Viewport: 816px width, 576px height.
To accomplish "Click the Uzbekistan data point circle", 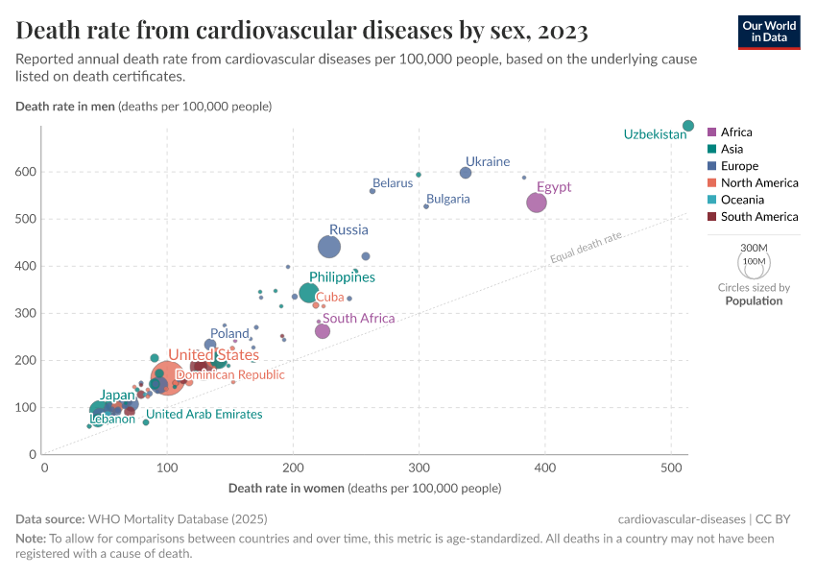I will (687, 126).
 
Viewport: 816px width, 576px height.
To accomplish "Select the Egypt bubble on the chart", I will (536, 203).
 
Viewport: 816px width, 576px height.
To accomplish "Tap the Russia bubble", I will (329, 247).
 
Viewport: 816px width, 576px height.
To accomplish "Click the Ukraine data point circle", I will (466, 173).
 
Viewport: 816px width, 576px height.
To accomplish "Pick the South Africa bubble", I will (323, 331).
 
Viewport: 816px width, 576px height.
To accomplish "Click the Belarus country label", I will (392, 182).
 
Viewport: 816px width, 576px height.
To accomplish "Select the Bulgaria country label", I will (447, 199).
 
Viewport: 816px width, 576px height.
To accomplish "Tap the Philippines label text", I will (342, 277).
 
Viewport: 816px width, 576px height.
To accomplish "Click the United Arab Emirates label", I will (204, 414).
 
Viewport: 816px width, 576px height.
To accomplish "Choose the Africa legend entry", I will (736, 132).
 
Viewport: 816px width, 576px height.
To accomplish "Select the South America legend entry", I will (759, 217).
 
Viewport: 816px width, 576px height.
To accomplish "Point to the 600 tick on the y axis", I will (26, 172).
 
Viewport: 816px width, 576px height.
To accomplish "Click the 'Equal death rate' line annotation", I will (586, 247).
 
